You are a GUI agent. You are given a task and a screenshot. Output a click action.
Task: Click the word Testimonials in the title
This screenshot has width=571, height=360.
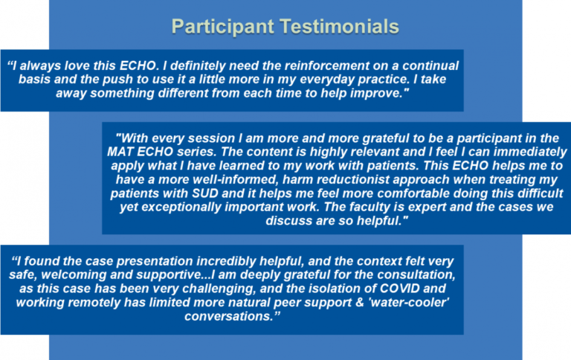tap(339, 27)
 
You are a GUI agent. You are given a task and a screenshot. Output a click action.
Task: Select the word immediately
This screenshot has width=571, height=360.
tap(531, 152)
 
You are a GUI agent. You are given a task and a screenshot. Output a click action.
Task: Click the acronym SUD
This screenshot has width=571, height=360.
tap(204, 193)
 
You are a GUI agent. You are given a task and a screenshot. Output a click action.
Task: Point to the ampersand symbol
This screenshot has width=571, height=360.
tap(359, 303)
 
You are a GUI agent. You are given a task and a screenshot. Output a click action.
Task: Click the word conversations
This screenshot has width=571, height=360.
tap(229, 316)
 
